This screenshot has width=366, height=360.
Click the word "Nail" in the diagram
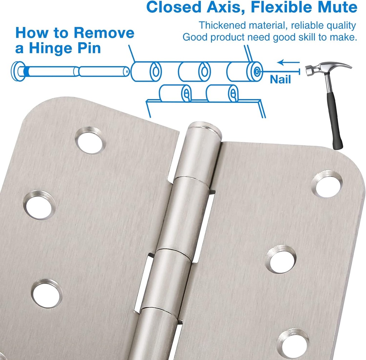(x=280, y=79)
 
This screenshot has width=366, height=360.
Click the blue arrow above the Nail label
(x=288, y=63)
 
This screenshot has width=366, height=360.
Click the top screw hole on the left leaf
(x=90, y=140)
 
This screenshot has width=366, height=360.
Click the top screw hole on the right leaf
(x=327, y=183)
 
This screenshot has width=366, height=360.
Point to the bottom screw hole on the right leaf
(x=292, y=342)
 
